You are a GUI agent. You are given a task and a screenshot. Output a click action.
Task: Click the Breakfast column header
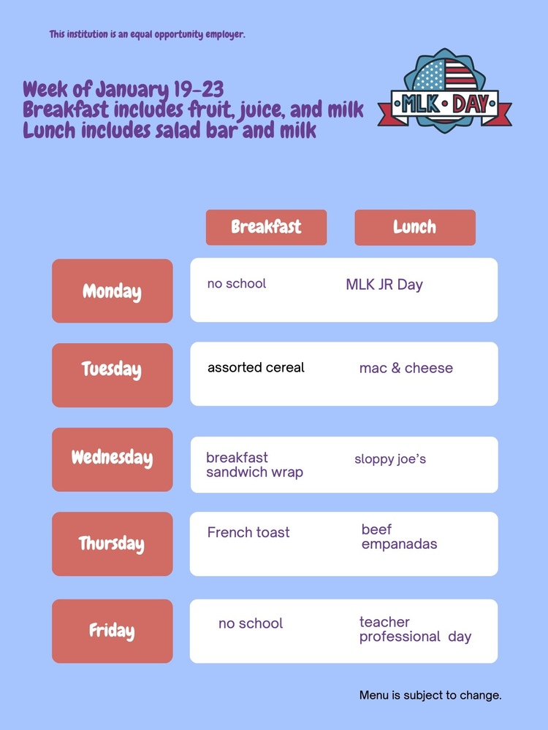tap(266, 227)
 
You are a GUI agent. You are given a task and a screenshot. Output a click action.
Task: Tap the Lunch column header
tap(414, 227)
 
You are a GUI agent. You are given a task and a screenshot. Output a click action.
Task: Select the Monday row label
tap(112, 291)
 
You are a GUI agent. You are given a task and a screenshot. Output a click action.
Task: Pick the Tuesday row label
tap(112, 369)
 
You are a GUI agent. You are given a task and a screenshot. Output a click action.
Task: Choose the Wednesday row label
tap(112, 458)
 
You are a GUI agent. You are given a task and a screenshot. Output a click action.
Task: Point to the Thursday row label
tap(112, 544)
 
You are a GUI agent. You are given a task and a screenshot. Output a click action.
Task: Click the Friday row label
tap(112, 631)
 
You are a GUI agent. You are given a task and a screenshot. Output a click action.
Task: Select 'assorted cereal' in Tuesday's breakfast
tap(256, 368)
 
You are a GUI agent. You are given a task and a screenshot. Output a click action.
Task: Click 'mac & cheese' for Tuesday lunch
tap(406, 369)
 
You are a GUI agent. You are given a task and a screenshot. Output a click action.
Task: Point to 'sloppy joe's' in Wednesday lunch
tap(390, 459)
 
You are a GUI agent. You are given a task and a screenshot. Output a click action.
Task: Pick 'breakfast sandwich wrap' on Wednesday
tap(254, 465)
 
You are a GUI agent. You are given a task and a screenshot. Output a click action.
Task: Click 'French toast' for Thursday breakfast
tap(248, 533)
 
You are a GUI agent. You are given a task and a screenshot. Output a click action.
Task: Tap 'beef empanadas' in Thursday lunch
tap(399, 537)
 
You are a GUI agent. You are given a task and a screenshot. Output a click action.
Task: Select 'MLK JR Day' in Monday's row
tap(384, 285)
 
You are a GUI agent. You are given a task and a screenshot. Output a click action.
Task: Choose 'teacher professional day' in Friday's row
tap(415, 629)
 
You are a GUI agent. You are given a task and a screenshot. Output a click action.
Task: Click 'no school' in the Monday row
tap(237, 284)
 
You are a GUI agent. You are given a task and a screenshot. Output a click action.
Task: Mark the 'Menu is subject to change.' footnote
tap(430, 695)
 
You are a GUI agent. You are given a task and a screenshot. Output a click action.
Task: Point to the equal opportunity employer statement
tap(147, 34)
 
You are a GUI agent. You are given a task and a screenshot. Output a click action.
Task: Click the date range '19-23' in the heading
tap(199, 90)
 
